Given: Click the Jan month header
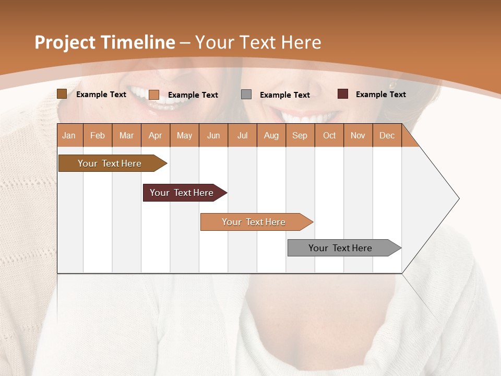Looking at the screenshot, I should [69, 135].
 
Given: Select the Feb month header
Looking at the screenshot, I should [98, 135].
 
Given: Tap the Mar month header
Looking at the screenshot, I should [126, 135].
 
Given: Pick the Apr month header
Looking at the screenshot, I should [156, 135].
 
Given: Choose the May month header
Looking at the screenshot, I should [184, 135].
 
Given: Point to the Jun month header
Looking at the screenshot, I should [213, 135].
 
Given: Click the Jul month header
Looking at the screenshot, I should [242, 135].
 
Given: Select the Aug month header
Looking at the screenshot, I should [271, 135].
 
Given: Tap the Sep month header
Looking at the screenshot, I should [300, 135].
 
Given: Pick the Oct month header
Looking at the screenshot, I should [329, 135].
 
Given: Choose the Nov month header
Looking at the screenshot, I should [358, 135].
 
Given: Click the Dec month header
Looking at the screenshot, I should [387, 135].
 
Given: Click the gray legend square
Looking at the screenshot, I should [246, 94].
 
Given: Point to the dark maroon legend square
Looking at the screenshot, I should [343, 94].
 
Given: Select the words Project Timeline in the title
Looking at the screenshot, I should [105, 42].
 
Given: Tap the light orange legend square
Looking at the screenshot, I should [154, 95].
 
